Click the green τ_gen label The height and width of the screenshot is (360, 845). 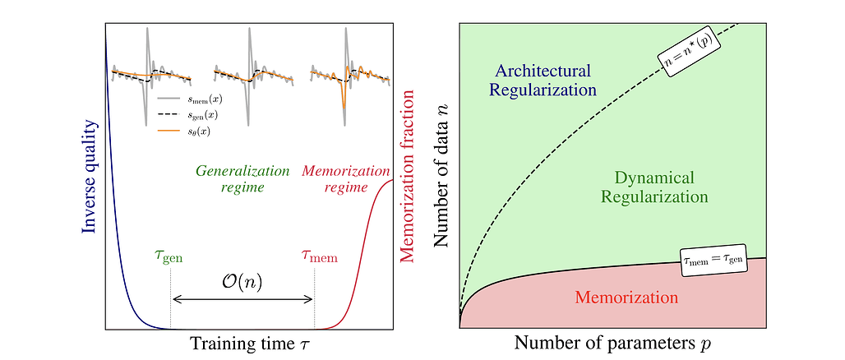169,256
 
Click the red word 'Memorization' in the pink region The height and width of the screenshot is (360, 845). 626,297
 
